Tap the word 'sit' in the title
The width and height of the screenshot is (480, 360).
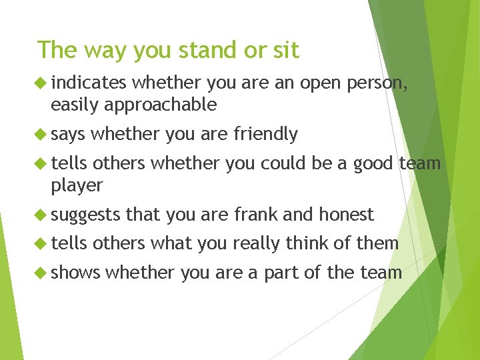pos(285,50)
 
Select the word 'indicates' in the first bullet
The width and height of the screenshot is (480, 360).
pos(88,83)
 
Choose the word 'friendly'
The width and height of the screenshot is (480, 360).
pos(265,134)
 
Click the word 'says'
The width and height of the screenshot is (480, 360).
pos(68,134)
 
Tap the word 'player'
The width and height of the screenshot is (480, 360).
pos(77,185)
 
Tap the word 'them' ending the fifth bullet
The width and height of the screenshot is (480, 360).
pos(377,243)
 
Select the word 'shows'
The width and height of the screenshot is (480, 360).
pos(75,273)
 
